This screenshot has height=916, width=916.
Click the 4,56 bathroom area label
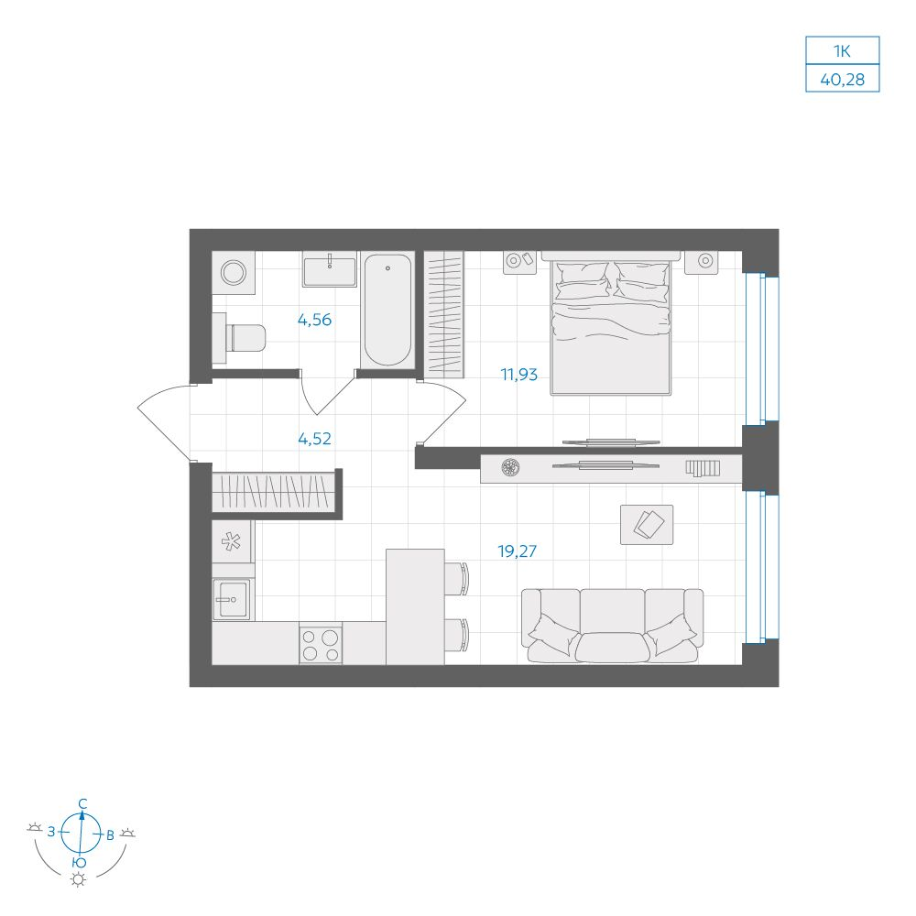tap(314, 320)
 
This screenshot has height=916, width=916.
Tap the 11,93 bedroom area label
tap(518, 374)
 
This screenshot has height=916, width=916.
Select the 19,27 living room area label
tap(517, 551)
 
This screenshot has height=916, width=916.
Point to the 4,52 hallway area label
tap(314, 438)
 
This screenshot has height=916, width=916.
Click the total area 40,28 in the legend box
tap(843, 79)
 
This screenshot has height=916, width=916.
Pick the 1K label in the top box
tap(843, 50)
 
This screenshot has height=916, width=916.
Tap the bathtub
tap(387, 311)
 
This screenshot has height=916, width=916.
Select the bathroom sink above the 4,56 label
tap(330, 269)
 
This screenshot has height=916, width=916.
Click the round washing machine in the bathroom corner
tap(234, 272)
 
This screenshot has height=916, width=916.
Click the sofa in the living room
tap(612, 626)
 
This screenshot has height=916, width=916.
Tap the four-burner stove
tap(321, 643)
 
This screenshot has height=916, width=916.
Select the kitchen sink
tap(232, 599)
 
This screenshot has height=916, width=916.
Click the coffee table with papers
tap(647, 525)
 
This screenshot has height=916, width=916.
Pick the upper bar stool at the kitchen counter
tap(456, 578)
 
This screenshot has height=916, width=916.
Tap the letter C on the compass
tap(83, 804)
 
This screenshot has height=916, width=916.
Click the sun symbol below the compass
tap(78, 879)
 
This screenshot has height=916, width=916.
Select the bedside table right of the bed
tap(702, 262)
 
